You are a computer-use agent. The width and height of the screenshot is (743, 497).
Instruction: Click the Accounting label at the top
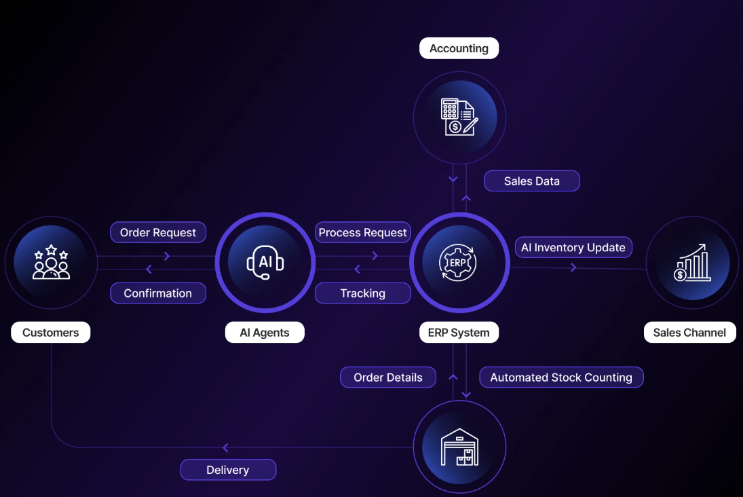[x=459, y=48]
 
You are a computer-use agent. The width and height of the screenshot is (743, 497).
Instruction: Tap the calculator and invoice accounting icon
[x=459, y=117]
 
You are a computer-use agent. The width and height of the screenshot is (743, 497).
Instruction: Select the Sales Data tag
[x=532, y=181]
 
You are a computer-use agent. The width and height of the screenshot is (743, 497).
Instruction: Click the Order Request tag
[x=158, y=232]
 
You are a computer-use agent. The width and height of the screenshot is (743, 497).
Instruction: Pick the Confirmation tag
[x=158, y=293]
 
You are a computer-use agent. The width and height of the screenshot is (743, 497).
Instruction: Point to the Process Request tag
[x=363, y=232]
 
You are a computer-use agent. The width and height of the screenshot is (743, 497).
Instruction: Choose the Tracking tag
[x=363, y=293]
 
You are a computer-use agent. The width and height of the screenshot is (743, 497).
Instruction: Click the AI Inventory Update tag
[x=573, y=247]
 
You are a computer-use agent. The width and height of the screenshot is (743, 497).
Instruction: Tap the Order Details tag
[x=388, y=378]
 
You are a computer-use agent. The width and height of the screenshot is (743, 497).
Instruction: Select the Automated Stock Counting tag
[x=561, y=378]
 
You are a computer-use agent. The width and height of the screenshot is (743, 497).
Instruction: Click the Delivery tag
[x=228, y=470]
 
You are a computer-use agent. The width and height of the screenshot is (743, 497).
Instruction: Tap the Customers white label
[x=51, y=333]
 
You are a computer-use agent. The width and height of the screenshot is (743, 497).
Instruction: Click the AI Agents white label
[x=265, y=333]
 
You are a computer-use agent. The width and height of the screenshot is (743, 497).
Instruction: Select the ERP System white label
[x=459, y=333]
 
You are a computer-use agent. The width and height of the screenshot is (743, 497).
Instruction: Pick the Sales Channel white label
[x=689, y=333]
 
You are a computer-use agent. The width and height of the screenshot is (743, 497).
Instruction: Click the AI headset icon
[x=265, y=263]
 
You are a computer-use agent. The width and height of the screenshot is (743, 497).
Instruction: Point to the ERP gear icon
[x=459, y=263]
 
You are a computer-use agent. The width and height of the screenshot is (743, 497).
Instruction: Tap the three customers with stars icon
[x=51, y=263]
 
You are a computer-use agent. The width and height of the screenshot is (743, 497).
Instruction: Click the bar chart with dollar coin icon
[x=693, y=263]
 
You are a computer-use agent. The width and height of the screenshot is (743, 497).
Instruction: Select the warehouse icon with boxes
[x=459, y=447]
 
